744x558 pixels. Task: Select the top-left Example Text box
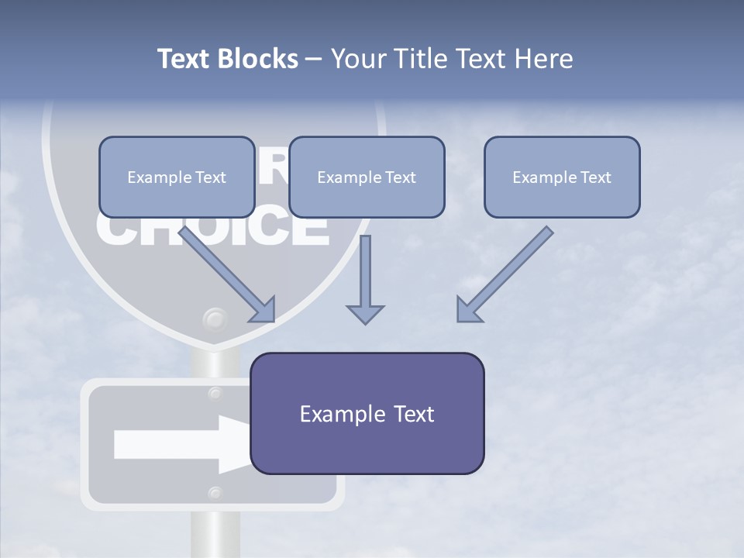(x=177, y=177)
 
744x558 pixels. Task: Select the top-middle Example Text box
(x=367, y=177)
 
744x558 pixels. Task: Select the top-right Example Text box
(x=562, y=177)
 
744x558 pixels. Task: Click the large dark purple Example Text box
(x=367, y=413)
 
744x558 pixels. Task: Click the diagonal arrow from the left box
(x=229, y=274)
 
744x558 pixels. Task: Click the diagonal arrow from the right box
(x=504, y=274)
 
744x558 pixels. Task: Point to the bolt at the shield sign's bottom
(x=215, y=319)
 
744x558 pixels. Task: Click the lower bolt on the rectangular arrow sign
(x=215, y=492)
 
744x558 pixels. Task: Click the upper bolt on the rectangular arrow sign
(x=215, y=394)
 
